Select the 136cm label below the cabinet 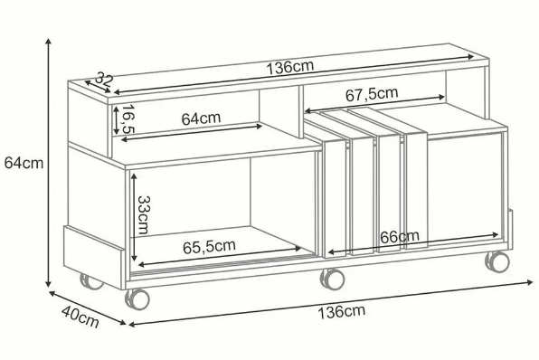(341, 312)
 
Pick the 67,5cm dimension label (371, 93)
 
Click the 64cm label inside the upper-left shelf (201, 118)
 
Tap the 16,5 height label (128, 119)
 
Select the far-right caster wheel (496, 262)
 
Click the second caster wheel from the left (137, 298)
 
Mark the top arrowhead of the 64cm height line (49, 41)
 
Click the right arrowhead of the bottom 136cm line (533, 281)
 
